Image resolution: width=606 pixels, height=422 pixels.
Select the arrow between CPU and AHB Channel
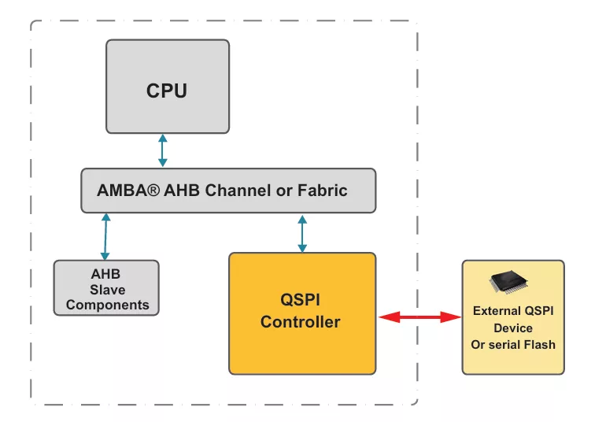pos(162,150)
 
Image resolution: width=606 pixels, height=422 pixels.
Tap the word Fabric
pos(323,191)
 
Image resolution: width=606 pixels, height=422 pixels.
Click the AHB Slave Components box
pos(106,288)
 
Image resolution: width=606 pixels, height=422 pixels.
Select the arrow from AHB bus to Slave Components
pos(105,236)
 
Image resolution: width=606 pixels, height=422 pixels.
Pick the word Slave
pos(108,290)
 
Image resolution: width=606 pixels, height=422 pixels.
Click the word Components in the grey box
pos(108,305)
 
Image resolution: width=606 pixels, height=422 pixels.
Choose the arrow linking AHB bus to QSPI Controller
pos(301,232)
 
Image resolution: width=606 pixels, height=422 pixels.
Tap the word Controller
pos(301,322)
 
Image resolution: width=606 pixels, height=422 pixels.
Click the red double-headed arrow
pos(419,317)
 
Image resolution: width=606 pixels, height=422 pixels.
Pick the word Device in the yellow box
pos(513,328)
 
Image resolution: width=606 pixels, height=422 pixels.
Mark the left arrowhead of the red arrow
pos(386,317)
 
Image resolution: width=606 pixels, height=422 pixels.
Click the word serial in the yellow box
pos(504,344)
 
